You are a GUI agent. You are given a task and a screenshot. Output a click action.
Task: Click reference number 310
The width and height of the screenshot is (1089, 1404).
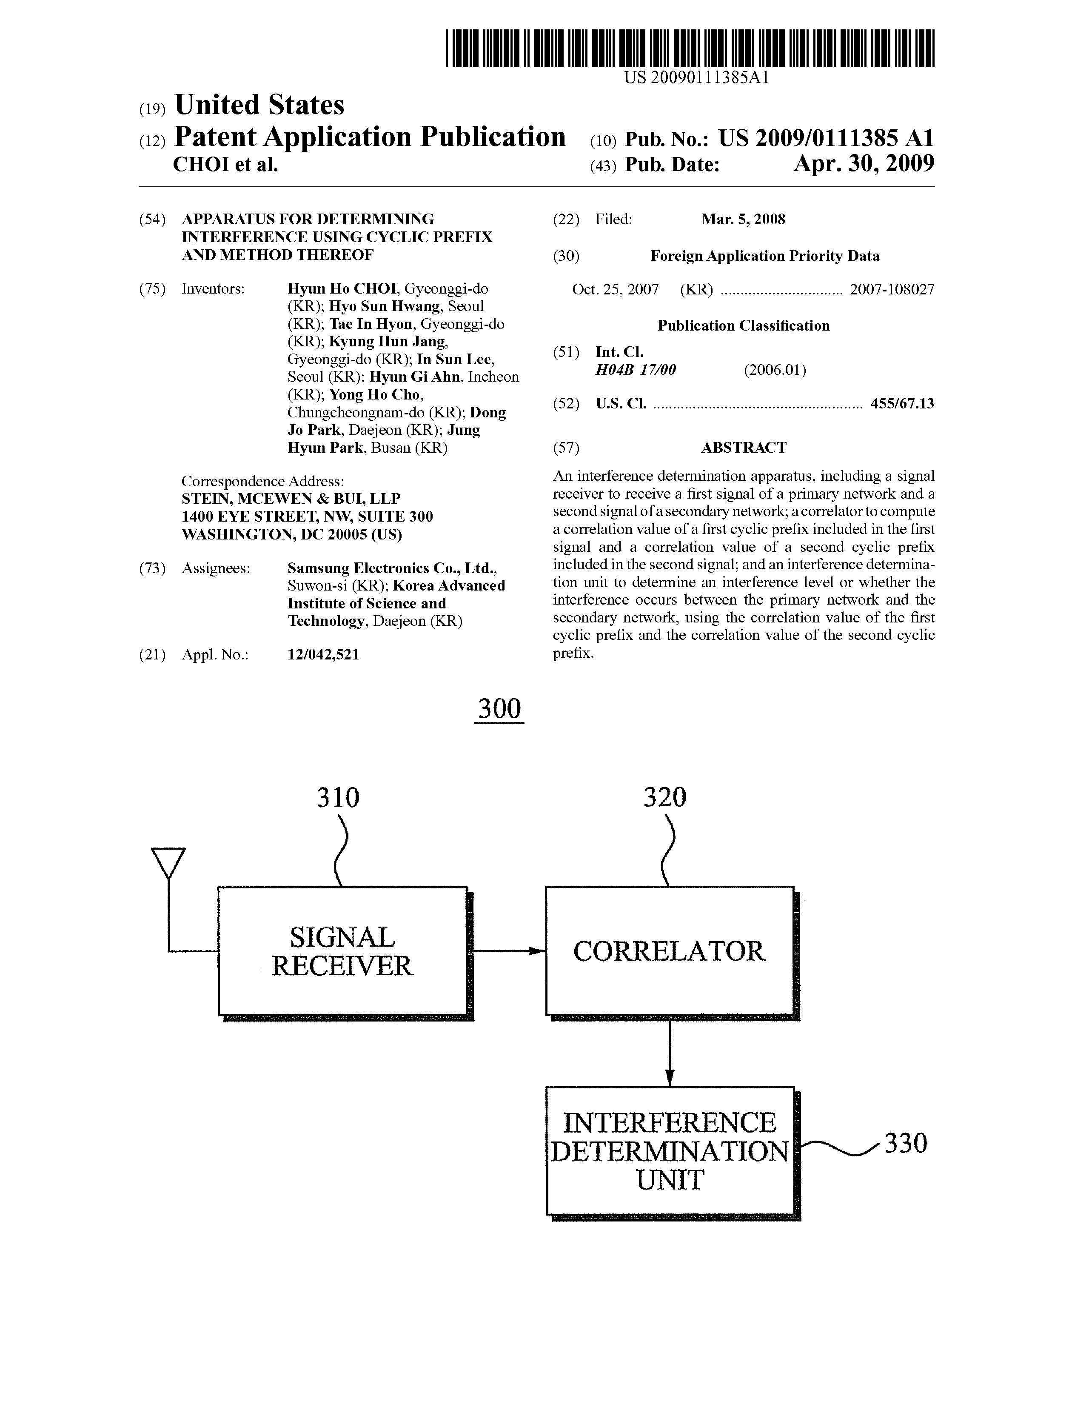click(x=337, y=797)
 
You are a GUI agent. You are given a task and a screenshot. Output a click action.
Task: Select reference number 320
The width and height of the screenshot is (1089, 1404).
click(x=665, y=797)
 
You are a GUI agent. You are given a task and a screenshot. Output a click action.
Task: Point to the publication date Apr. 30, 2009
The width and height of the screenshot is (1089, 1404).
click(x=864, y=164)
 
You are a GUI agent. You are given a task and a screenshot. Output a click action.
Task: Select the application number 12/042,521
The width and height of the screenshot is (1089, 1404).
click(x=323, y=654)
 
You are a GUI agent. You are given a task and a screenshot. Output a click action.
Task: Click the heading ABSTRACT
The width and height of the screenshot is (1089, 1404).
click(x=743, y=448)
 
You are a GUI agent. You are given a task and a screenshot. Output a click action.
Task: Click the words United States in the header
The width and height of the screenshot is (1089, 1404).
click(x=259, y=105)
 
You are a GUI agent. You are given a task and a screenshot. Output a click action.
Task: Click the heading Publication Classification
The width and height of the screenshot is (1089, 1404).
click(x=743, y=326)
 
